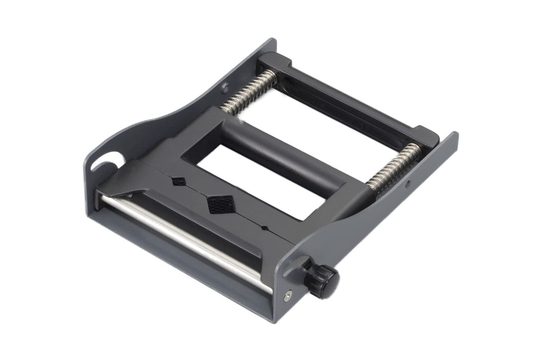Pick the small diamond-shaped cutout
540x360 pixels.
178,181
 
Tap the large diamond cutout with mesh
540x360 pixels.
218,204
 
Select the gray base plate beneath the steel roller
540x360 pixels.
180,262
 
